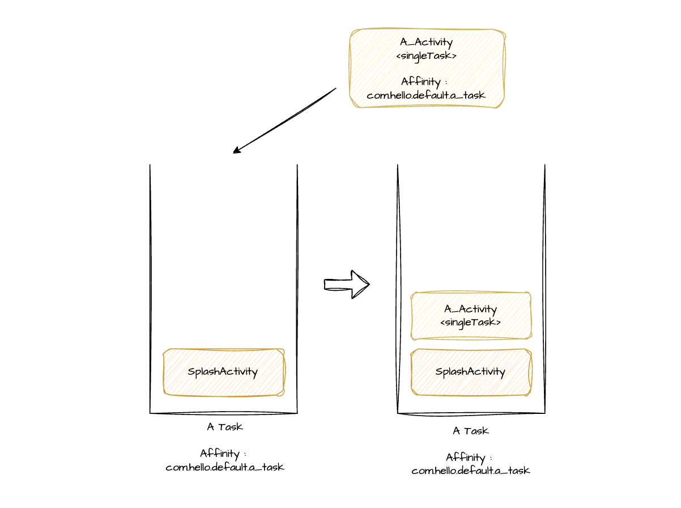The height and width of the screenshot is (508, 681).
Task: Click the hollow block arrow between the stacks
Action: [x=347, y=284]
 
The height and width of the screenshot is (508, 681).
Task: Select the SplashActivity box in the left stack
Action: [x=224, y=372]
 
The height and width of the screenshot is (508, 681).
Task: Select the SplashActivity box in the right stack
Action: [x=471, y=372]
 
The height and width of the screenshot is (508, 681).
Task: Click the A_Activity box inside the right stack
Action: [x=471, y=316]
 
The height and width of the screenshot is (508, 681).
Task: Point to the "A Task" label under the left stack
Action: [x=225, y=427]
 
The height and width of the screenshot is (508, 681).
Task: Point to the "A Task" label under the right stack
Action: [x=471, y=431]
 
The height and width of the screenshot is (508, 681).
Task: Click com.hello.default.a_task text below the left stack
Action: [x=225, y=467]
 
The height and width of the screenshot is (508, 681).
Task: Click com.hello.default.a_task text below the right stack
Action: [x=471, y=471]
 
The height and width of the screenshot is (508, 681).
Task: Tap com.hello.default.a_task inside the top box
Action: [x=426, y=95]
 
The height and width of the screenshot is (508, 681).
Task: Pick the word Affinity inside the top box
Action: [x=421, y=82]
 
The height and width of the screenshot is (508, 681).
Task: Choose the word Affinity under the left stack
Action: [x=220, y=454]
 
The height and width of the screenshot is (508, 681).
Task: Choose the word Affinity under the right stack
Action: [x=465, y=458]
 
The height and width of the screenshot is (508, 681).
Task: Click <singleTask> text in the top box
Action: [x=426, y=56]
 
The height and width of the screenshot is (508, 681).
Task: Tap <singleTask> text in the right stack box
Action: [x=470, y=323]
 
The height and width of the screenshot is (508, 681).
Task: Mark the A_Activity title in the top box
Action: [x=426, y=42]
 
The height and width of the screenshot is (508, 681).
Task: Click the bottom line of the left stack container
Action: [x=224, y=413]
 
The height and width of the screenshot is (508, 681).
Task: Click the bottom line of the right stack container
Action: [x=471, y=414]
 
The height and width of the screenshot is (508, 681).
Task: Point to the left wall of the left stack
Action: [x=151, y=289]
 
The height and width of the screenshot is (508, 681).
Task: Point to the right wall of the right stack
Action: [x=544, y=289]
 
